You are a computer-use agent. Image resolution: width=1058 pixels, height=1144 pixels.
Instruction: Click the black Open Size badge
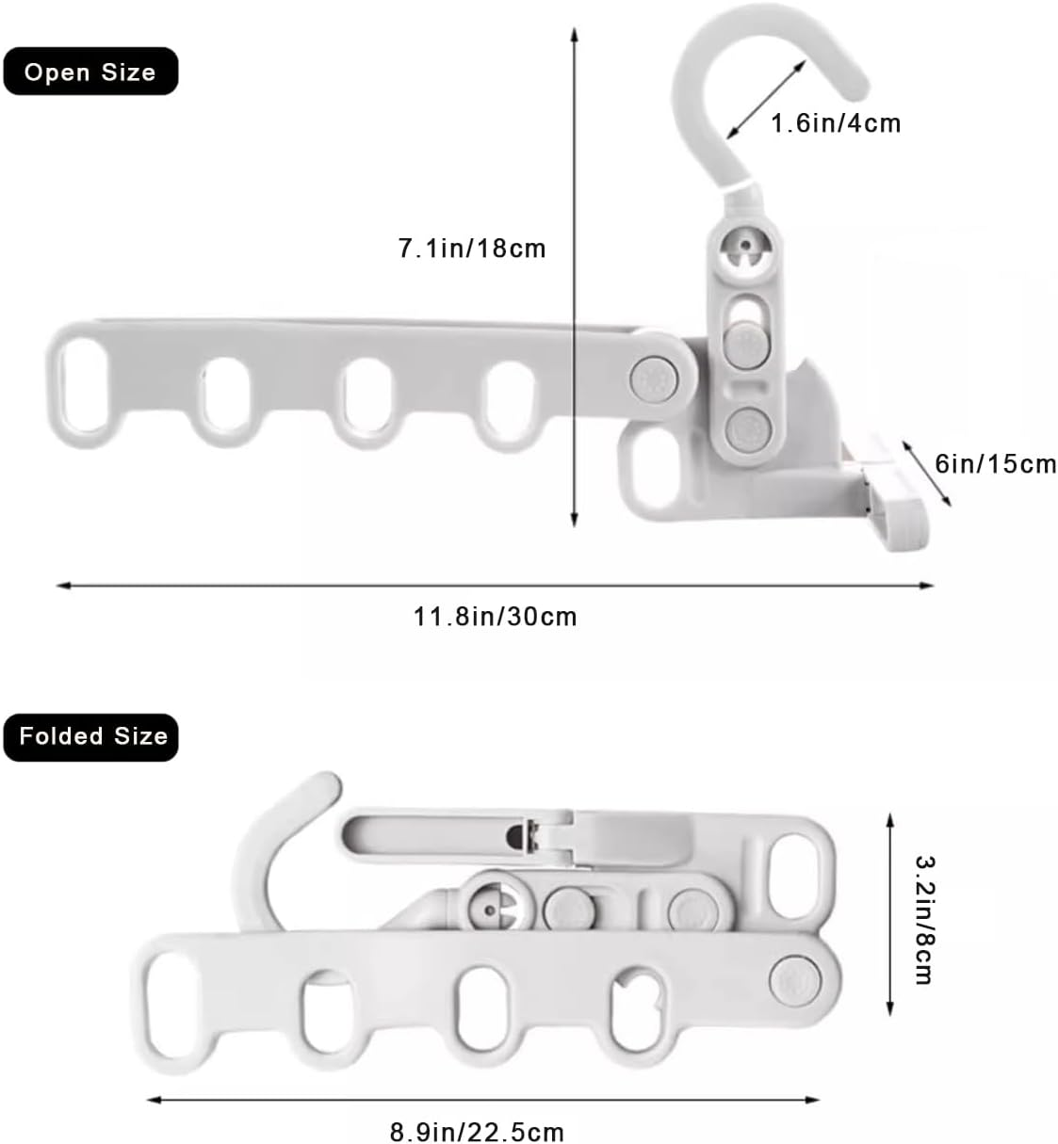(90, 72)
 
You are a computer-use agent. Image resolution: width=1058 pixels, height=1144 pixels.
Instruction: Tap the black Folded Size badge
(90, 736)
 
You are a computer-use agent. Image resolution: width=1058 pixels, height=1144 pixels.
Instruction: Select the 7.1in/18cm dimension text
(472, 249)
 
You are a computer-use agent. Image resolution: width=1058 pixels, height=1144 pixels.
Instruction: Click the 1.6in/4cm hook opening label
(836, 124)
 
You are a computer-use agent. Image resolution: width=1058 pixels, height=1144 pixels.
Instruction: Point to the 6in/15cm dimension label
(995, 463)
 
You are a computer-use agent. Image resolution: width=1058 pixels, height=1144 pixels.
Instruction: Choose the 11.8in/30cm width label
(495, 617)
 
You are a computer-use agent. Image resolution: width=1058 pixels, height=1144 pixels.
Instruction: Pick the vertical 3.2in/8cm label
(925, 921)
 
